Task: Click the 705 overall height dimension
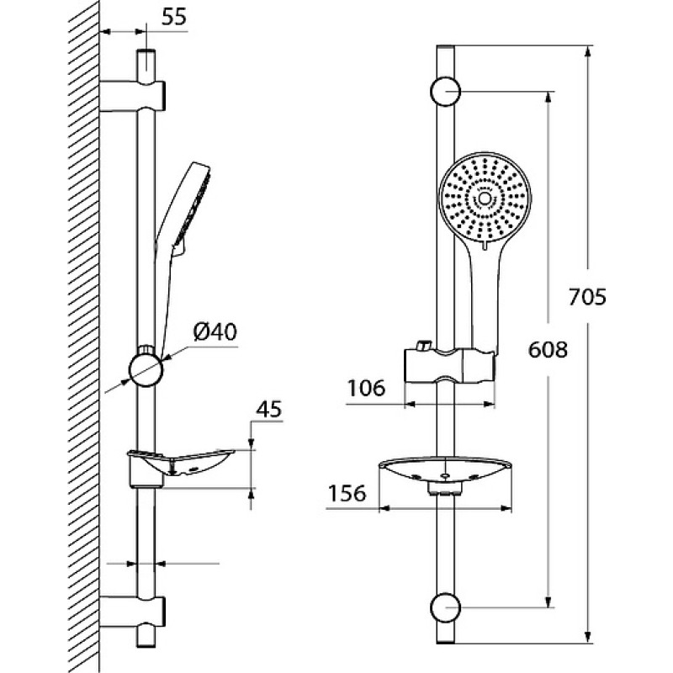click(x=587, y=297)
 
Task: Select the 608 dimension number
click(x=548, y=350)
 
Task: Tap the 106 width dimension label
click(x=366, y=389)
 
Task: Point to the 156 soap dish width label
click(x=347, y=493)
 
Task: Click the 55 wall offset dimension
click(x=175, y=17)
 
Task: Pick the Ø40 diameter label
click(x=215, y=331)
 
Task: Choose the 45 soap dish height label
click(x=269, y=409)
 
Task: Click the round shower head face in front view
click(x=485, y=199)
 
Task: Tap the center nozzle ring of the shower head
click(x=485, y=199)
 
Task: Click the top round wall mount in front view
click(x=445, y=92)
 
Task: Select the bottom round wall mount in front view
click(x=445, y=607)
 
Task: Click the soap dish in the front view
click(x=446, y=474)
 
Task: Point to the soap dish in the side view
click(x=180, y=467)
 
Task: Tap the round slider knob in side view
click(x=146, y=369)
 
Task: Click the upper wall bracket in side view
click(x=132, y=96)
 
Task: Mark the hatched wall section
click(x=84, y=336)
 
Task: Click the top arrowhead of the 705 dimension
click(x=588, y=51)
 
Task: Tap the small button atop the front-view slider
click(x=423, y=345)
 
